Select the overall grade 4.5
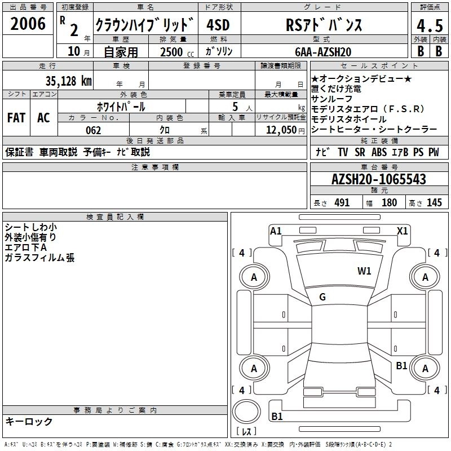click(429, 26)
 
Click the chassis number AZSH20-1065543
click(378, 180)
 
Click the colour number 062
click(93, 130)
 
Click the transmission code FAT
click(16, 118)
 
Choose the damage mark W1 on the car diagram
click(364, 271)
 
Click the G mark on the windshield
click(322, 297)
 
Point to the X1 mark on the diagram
click(402, 230)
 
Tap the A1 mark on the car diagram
click(276, 230)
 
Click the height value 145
click(434, 203)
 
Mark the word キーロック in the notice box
click(29, 422)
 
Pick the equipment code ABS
click(379, 152)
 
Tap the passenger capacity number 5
click(235, 106)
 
